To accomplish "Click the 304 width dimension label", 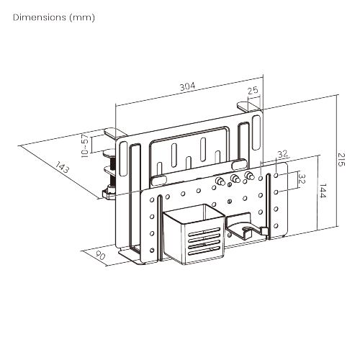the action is (x=188, y=86).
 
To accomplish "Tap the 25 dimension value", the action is (x=253, y=91).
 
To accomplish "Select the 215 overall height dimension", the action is (x=341, y=160).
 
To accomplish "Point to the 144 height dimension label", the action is (x=323, y=191).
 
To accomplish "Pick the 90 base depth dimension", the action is (x=100, y=256).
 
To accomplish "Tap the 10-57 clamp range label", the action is (x=85, y=146).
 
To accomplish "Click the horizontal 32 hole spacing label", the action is (x=282, y=154).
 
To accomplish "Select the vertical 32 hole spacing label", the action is (x=302, y=179).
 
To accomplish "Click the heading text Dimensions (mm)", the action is (x=54, y=17).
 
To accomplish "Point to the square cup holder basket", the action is (x=194, y=234).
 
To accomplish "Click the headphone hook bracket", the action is (x=247, y=226).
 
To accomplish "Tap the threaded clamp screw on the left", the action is (x=112, y=172).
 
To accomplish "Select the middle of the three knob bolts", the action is (x=234, y=179).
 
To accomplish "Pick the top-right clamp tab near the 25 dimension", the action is (x=248, y=107).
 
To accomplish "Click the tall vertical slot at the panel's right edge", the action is (x=256, y=132).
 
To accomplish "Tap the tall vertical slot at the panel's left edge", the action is (x=123, y=159).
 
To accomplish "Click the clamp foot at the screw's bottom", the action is (x=109, y=193).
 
